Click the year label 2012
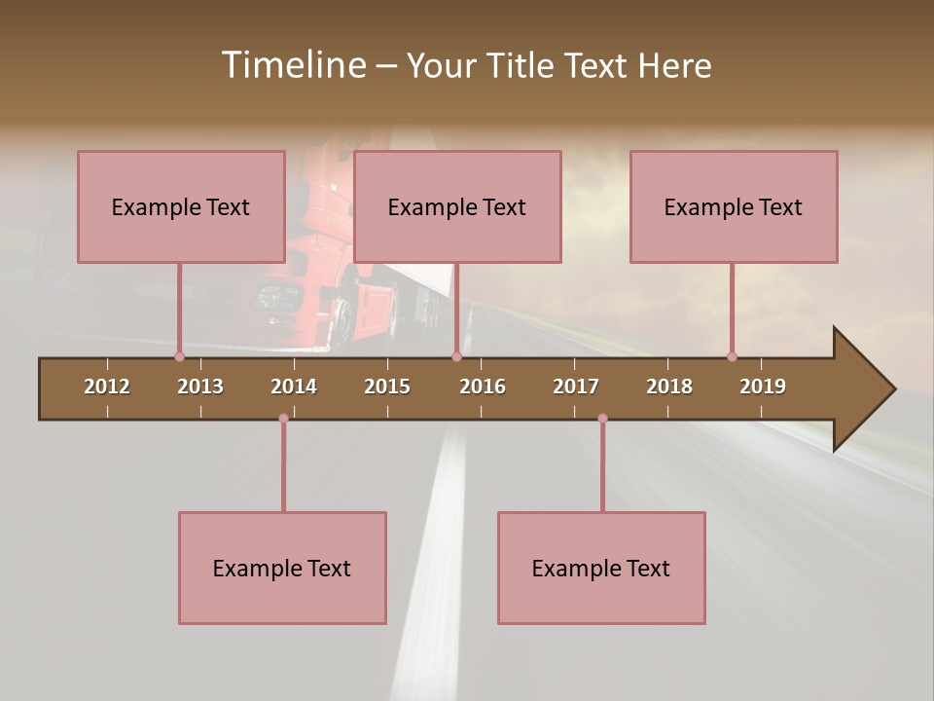coord(107,387)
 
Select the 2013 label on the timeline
coord(200,387)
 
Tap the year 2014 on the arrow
coord(294,387)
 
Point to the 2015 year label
coord(387,387)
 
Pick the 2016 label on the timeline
coord(483,387)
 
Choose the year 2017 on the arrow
coord(576,387)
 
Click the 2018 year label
coord(669,387)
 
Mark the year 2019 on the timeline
coord(763,387)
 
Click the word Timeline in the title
coord(292,65)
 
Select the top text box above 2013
coord(181,206)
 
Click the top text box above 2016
coord(457,206)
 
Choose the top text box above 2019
coord(734,206)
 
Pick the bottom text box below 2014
coord(282,568)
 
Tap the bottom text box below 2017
coord(601,568)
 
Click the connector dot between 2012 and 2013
coord(179,356)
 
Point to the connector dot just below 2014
coord(283,419)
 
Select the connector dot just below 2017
coord(602,419)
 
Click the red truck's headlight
coord(278,296)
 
